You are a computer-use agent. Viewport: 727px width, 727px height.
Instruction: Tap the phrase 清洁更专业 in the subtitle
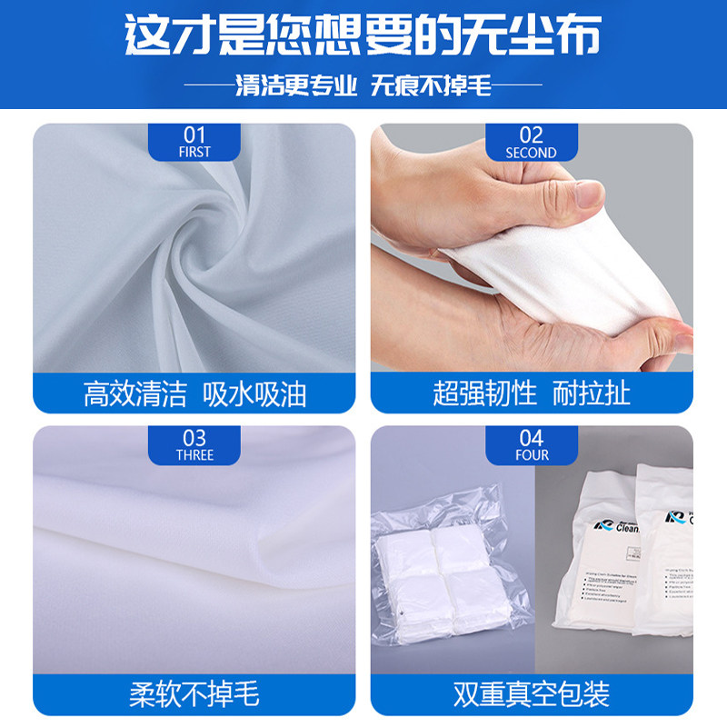click(x=296, y=85)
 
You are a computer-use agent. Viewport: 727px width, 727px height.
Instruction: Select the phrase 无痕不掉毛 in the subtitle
click(x=432, y=85)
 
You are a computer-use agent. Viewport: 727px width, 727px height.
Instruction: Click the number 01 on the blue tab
click(x=194, y=135)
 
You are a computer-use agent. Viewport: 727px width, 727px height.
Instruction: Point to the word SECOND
click(x=531, y=153)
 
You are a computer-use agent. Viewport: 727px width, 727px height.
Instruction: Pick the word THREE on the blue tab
click(x=194, y=454)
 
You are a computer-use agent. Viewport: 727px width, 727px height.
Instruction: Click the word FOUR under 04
click(x=531, y=454)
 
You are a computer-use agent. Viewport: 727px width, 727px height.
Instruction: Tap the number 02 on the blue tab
click(x=531, y=135)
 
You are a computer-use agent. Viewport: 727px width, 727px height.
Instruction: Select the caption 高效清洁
click(x=134, y=393)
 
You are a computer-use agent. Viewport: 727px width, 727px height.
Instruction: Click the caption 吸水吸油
click(x=254, y=393)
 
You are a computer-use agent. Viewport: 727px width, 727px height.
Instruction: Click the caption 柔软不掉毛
click(x=195, y=695)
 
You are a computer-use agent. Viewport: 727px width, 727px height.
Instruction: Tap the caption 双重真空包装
click(x=531, y=695)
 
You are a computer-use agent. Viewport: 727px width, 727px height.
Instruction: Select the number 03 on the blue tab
click(x=194, y=438)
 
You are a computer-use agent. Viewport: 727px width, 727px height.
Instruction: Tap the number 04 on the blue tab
click(x=531, y=438)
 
